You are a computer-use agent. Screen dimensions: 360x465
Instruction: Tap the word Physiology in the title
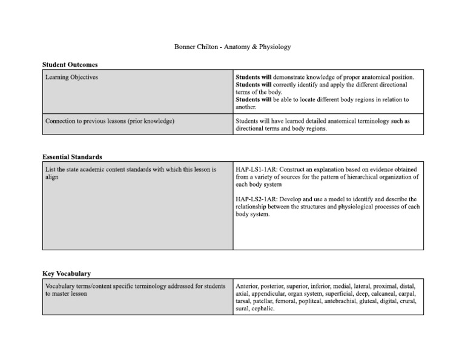point(273,47)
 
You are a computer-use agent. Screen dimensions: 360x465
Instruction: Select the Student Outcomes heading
point(70,64)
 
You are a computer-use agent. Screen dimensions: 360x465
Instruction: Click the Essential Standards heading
point(72,156)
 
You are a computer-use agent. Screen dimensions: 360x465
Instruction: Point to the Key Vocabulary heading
point(67,273)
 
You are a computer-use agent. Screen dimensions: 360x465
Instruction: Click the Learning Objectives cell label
point(71,78)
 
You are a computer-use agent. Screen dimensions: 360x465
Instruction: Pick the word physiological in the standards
point(336,207)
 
